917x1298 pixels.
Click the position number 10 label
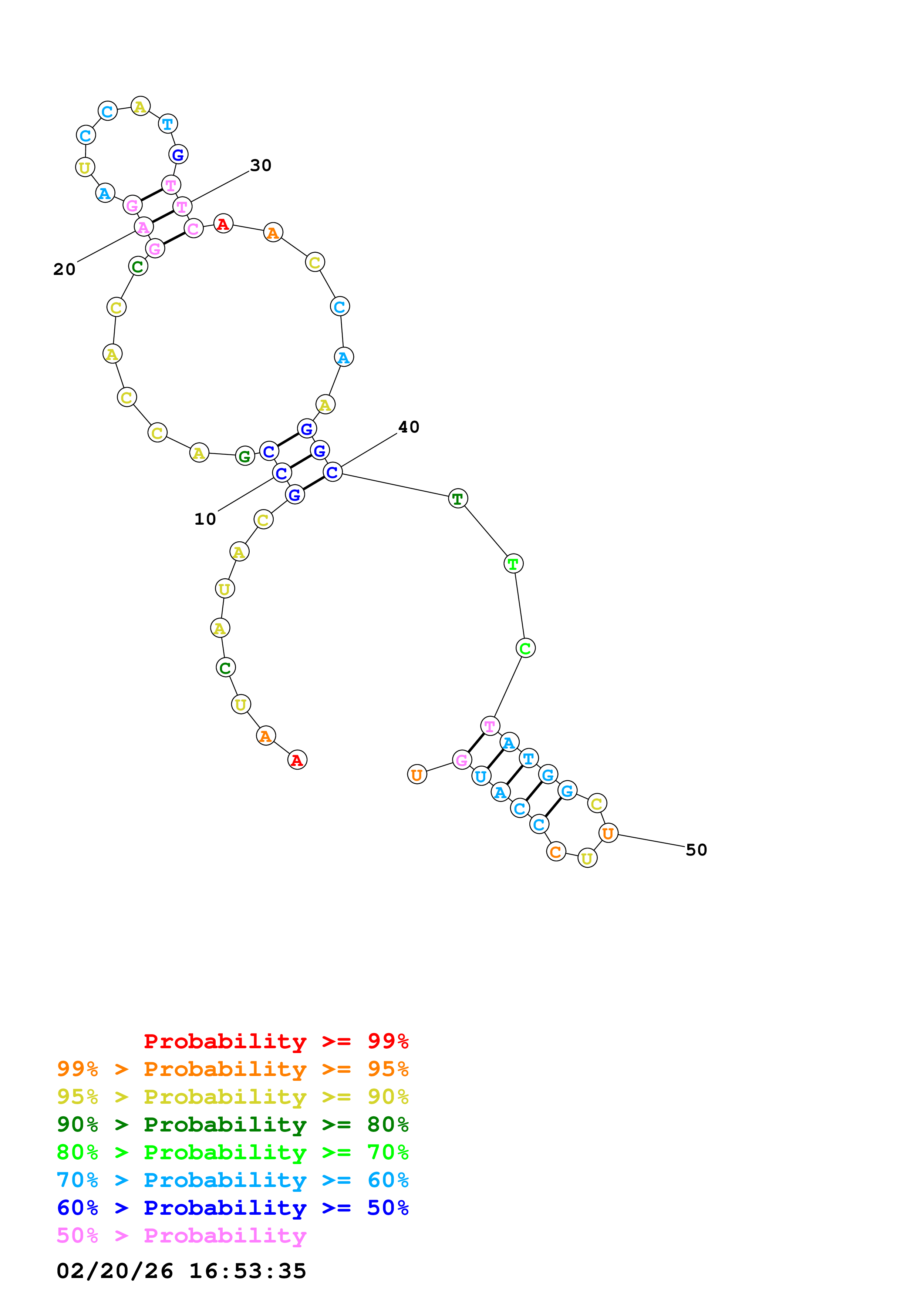[x=205, y=519]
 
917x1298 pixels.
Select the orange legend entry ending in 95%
[x=232, y=1069]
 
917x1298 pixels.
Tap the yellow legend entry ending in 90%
[x=232, y=1096]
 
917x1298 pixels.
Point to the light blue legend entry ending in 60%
[x=232, y=1180]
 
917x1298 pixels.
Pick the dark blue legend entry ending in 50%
[x=232, y=1208]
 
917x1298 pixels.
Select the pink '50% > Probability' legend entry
[x=181, y=1235]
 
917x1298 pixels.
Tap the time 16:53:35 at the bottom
[x=247, y=1271]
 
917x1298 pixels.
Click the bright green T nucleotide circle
[x=513, y=564]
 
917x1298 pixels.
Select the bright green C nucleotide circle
[x=525, y=648]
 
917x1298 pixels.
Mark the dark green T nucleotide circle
[x=458, y=499]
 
